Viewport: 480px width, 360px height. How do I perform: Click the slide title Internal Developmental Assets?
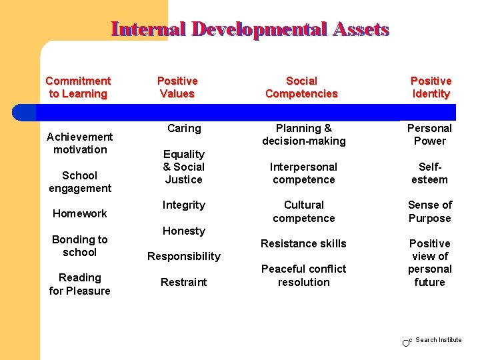pyautogui.click(x=250, y=29)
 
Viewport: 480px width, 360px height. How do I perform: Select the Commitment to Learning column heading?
pyautogui.click(x=78, y=87)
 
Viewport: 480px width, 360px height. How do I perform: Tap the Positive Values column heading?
pyautogui.click(x=177, y=87)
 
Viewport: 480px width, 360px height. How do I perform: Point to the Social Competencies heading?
pyautogui.click(x=301, y=87)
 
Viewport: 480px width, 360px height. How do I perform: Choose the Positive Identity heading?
pyautogui.click(x=431, y=87)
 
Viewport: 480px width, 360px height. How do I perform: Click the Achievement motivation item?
pyautogui.click(x=79, y=143)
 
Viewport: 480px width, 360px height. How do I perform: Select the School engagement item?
pyautogui.click(x=79, y=181)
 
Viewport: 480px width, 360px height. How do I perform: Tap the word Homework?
pyautogui.click(x=79, y=213)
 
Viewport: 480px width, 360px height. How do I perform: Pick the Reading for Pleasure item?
pyautogui.click(x=79, y=284)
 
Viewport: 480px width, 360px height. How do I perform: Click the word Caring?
pyautogui.click(x=184, y=128)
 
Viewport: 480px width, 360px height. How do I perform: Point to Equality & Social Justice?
pyautogui.click(x=184, y=167)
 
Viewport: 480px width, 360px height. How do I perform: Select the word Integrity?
pyautogui.click(x=184, y=205)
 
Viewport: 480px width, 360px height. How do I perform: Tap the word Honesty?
pyautogui.click(x=184, y=231)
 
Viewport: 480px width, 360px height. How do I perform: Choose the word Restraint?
pyautogui.click(x=184, y=282)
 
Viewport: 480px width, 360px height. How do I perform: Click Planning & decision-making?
pyautogui.click(x=304, y=135)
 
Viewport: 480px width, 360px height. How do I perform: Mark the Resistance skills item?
pyautogui.click(x=304, y=243)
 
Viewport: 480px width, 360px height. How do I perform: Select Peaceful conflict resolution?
pyautogui.click(x=304, y=275)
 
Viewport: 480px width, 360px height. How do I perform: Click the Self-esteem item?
pyautogui.click(x=430, y=173)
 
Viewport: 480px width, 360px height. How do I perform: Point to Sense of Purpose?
pyautogui.click(x=430, y=211)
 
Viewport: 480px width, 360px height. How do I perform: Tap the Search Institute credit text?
pyautogui.click(x=438, y=340)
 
